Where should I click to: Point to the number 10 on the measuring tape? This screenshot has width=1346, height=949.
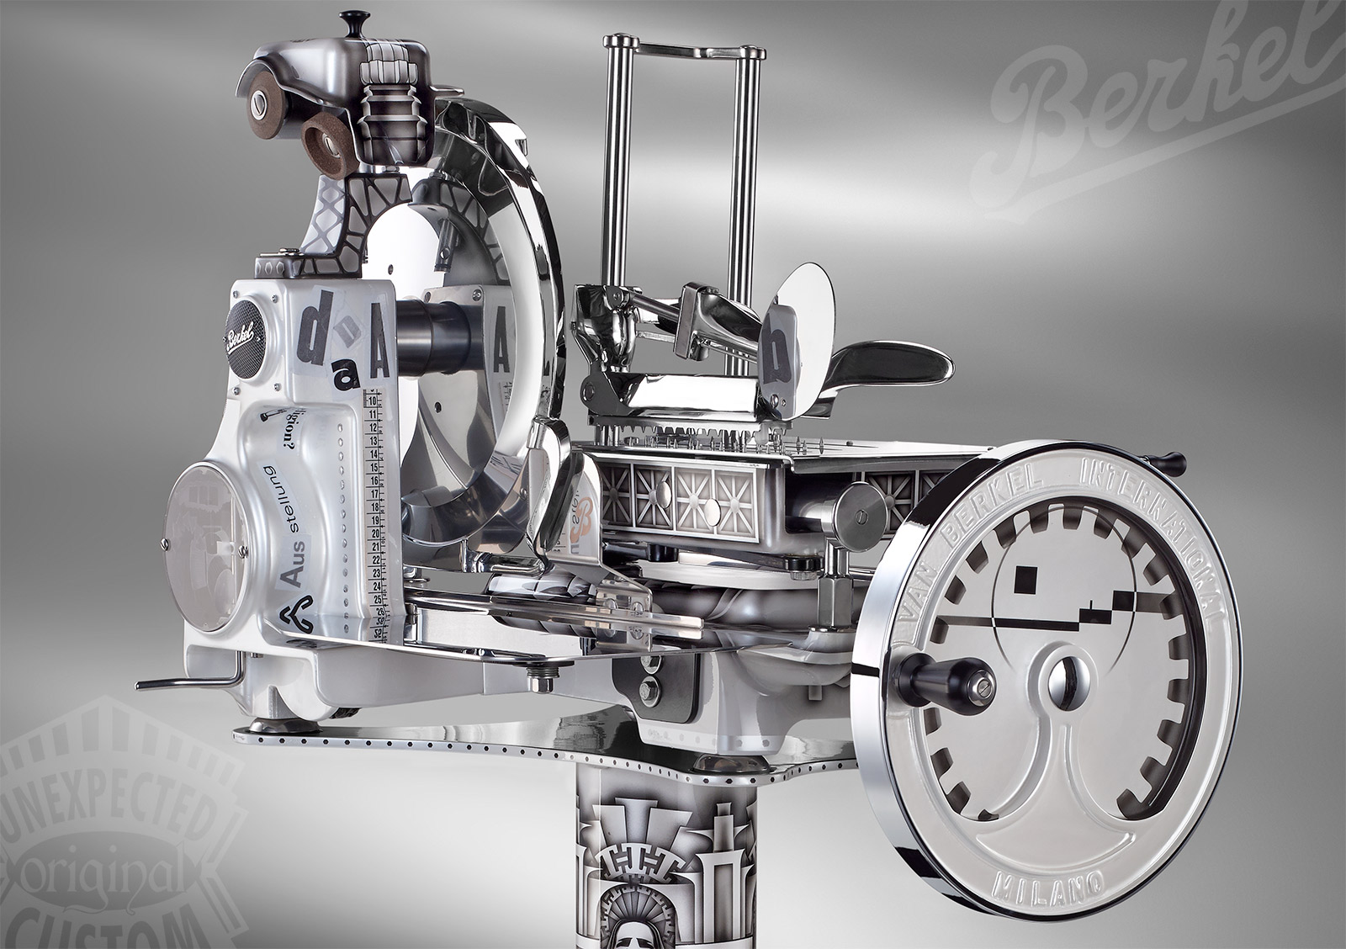[x=370, y=400]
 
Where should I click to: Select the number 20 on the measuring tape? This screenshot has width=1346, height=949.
[x=373, y=532]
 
